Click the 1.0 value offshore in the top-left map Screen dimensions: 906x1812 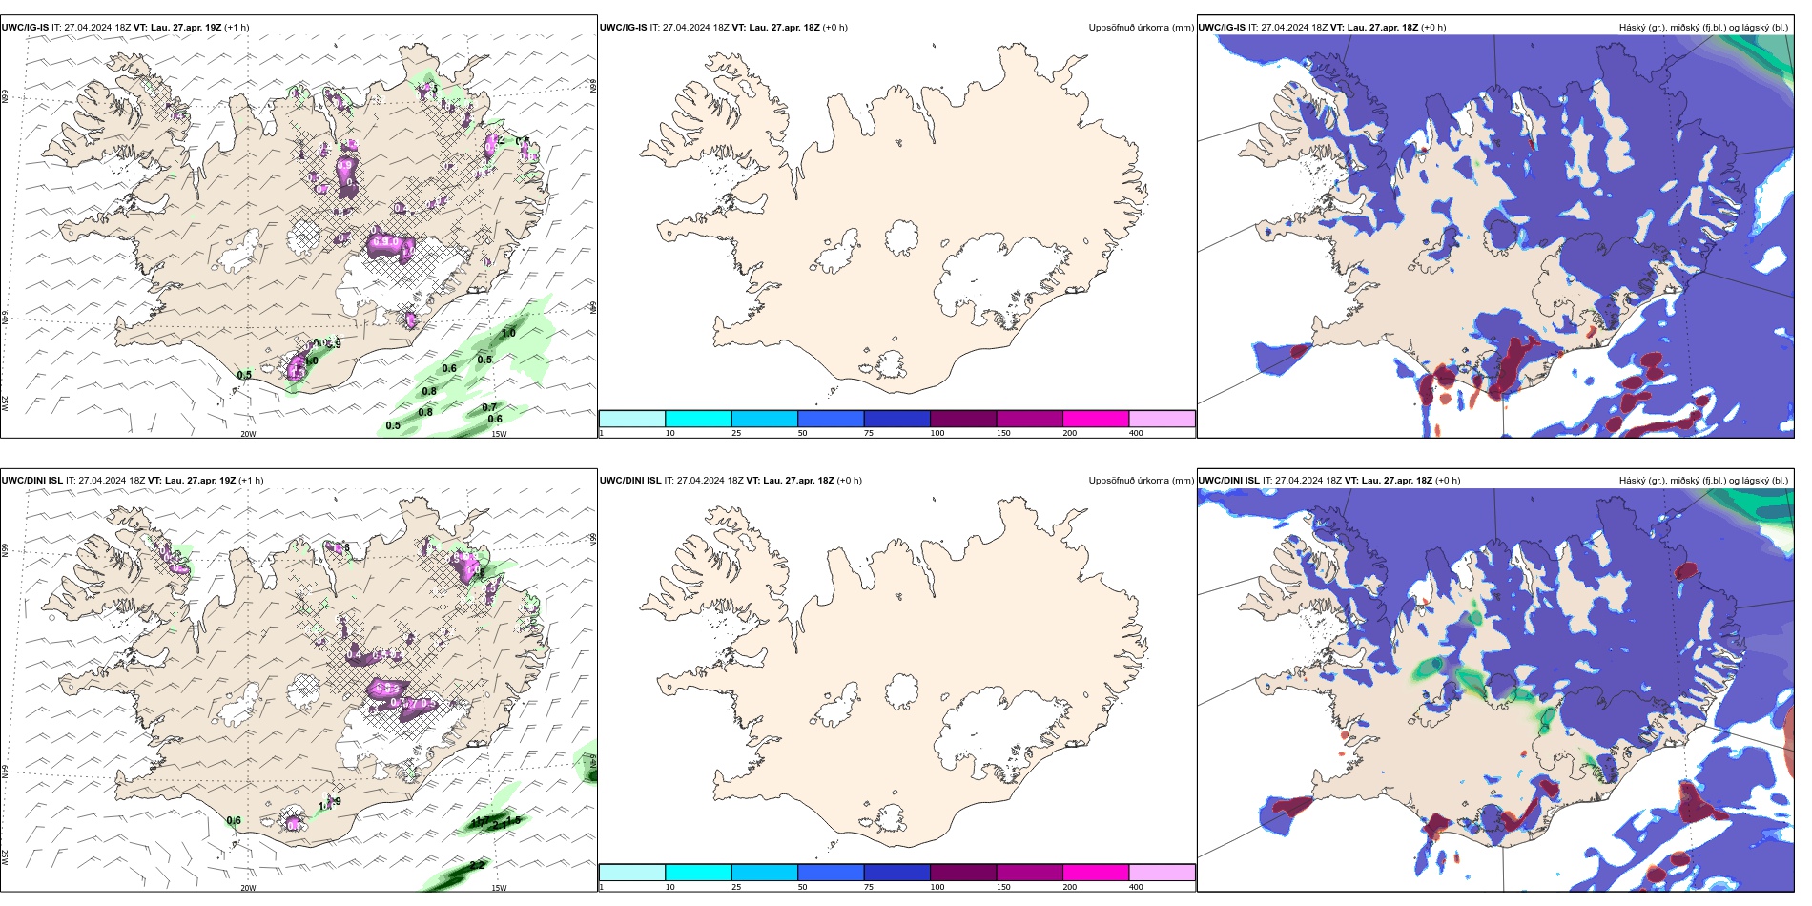(508, 333)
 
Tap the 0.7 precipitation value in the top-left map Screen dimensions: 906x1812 (489, 407)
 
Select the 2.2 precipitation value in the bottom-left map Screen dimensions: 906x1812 (477, 865)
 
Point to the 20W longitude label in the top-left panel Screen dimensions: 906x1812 (248, 434)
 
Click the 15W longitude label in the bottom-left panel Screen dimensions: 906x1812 (499, 888)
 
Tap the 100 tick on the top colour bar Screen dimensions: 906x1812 (937, 433)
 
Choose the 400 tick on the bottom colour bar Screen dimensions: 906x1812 (1136, 887)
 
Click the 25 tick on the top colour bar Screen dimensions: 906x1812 (736, 433)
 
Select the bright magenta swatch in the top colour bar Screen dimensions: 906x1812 (1096, 419)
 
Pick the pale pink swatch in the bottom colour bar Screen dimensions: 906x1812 (1162, 873)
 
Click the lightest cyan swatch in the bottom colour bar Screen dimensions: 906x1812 (631, 873)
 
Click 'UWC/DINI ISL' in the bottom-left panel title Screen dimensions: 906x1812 (31, 481)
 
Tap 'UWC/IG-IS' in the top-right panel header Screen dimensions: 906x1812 (1222, 28)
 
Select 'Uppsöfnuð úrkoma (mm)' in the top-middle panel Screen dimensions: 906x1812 (1141, 28)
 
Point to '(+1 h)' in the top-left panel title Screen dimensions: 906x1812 (237, 28)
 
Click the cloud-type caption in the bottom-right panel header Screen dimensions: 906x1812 (1703, 481)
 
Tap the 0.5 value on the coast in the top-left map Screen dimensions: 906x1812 (244, 375)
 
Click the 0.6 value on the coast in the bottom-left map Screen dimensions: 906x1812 (234, 820)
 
